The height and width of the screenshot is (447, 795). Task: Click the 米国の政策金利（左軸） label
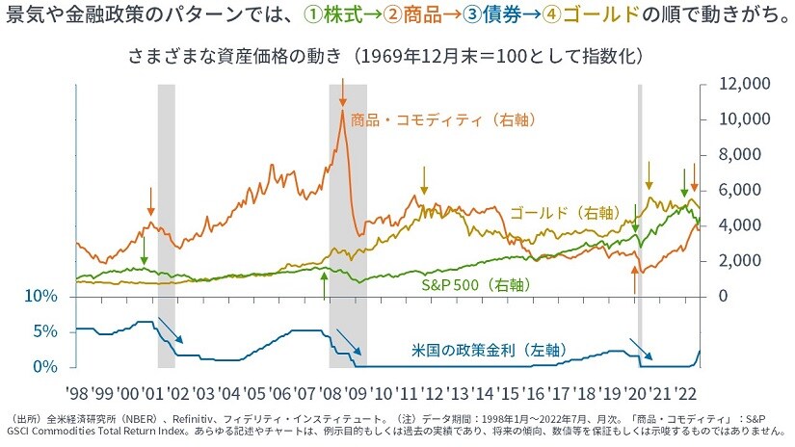click(479, 351)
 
